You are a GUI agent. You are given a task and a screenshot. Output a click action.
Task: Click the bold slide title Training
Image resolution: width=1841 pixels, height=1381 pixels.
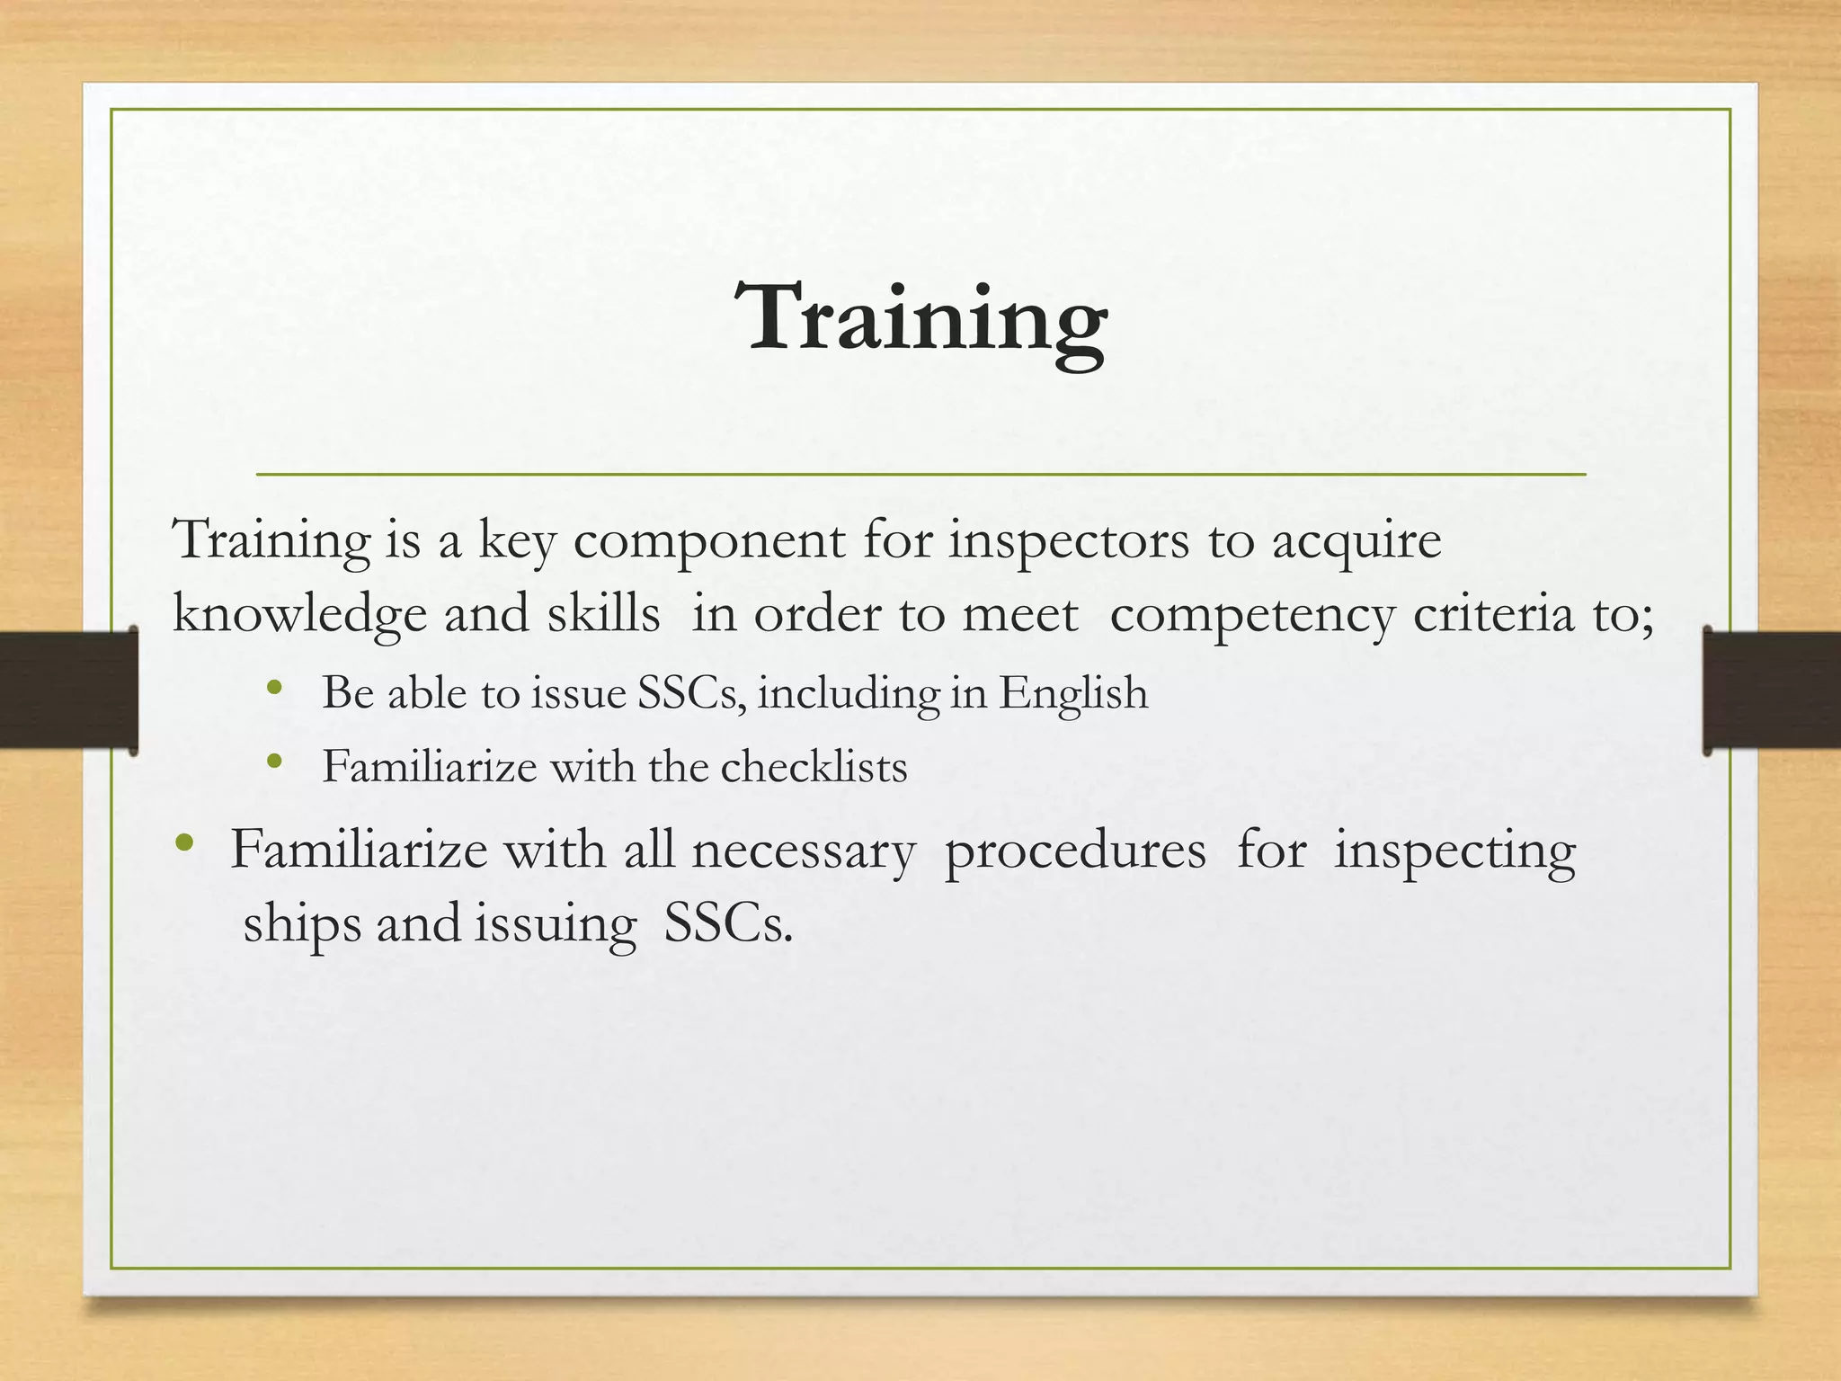point(920,318)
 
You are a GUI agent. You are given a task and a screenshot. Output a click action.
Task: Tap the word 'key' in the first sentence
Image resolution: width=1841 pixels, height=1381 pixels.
point(516,541)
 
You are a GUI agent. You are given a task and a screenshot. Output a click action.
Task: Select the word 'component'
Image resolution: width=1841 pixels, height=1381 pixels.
point(709,541)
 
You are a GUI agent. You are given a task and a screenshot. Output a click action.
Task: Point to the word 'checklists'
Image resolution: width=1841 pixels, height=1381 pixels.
point(814,767)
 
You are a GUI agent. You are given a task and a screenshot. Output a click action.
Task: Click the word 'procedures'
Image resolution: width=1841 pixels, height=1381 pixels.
point(1075,851)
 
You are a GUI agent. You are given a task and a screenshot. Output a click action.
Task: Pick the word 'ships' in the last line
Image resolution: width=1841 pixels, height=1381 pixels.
point(301,924)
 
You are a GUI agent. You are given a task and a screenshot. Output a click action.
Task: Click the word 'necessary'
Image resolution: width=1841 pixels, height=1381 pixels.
point(803,851)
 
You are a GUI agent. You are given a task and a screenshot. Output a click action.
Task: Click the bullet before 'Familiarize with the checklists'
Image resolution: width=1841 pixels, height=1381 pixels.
point(275,763)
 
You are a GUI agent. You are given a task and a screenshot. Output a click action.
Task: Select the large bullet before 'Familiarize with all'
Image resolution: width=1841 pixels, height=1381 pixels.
point(185,843)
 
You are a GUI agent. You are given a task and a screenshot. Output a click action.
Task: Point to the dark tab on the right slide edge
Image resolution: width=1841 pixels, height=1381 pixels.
point(1771,690)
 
